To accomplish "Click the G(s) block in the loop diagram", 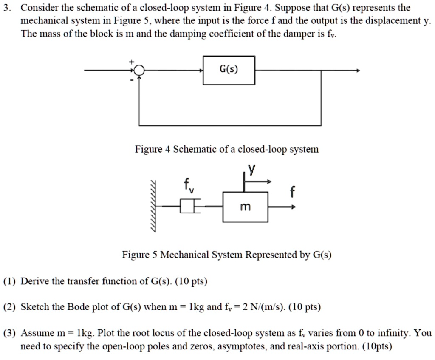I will click(x=229, y=70).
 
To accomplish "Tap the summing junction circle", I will click(x=139, y=71).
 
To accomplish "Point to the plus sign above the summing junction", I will click(x=132, y=62).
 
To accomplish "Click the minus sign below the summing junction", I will click(x=132, y=79).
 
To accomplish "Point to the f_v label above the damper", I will click(x=188, y=186).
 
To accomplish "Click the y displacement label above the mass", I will click(x=252, y=170).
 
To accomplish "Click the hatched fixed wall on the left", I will click(x=153, y=207).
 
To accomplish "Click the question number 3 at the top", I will click(x=6, y=8).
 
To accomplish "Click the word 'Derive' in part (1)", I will click(x=33, y=281).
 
